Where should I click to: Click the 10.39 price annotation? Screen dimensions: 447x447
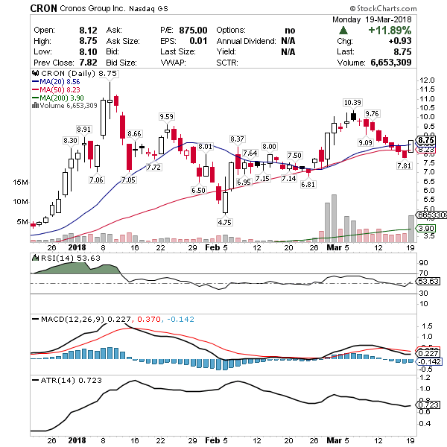[352, 102]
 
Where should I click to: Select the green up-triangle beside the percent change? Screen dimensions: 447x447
[343, 31]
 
